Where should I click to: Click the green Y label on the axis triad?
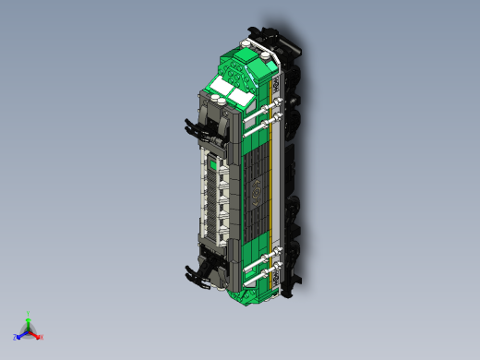[29, 314]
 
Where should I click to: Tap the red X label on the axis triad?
[42, 337]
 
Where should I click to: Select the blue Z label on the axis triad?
[16, 337]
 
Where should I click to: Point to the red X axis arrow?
[35, 333]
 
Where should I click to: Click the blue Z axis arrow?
[22, 333]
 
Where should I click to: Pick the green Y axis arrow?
[29, 321]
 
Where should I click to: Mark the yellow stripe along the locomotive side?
[271, 185]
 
